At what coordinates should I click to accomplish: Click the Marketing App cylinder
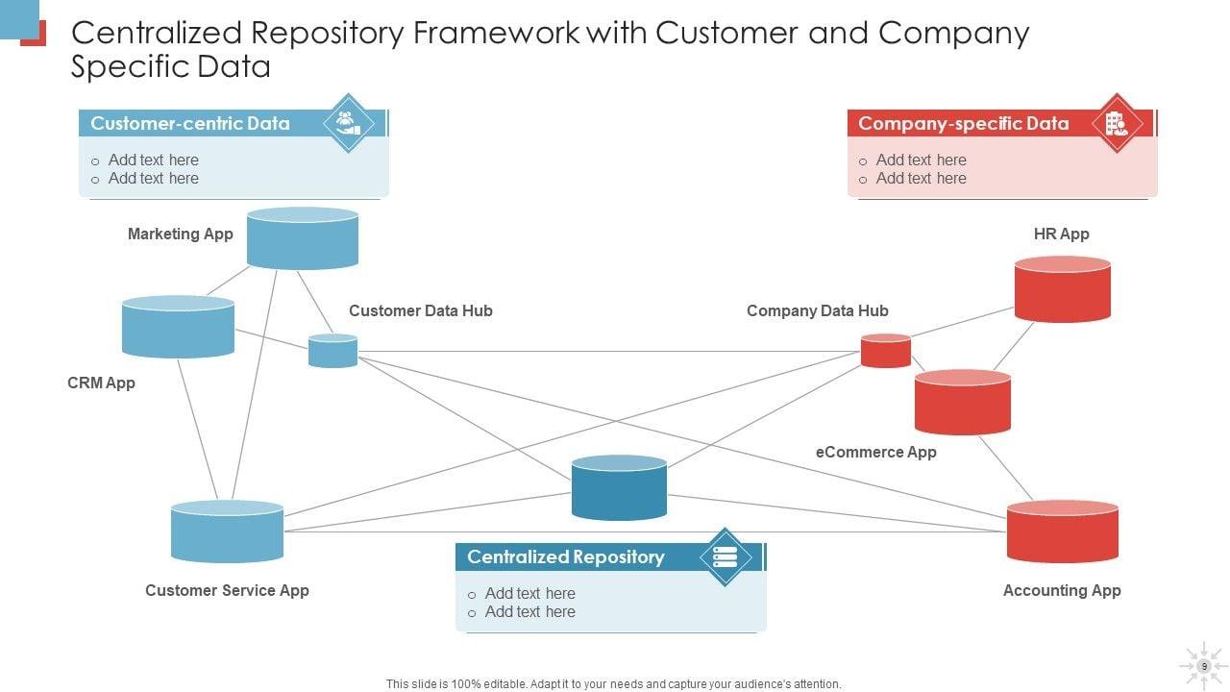click(303, 238)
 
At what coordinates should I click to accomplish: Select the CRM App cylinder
click(178, 327)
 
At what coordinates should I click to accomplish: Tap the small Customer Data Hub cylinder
click(332, 351)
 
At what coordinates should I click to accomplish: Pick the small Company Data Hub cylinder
click(885, 351)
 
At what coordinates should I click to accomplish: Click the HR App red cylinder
click(1062, 289)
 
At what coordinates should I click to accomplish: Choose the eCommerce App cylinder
click(962, 403)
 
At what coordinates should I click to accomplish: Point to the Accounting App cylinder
click(1062, 531)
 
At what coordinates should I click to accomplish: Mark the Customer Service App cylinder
click(227, 531)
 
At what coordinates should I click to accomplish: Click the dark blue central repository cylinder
click(619, 488)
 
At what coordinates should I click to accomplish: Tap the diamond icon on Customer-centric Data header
click(348, 123)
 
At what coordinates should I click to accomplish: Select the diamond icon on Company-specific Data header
click(1117, 123)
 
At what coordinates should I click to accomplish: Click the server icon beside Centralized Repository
click(725, 556)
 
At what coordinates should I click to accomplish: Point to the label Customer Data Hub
click(420, 310)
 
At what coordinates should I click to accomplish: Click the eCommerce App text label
click(875, 452)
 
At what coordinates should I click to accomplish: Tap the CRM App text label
click(101, 383)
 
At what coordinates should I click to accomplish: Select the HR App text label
click(1061, 234)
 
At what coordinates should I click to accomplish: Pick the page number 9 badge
click(1203, 665)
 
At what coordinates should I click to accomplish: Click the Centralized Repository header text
click(565, 556)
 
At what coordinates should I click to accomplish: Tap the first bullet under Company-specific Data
click(920, 160)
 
